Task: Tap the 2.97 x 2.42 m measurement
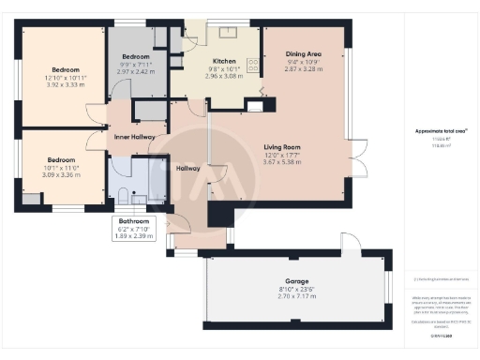[135, 70]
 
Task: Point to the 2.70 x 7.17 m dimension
[295, 296]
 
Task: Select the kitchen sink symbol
[228, 33]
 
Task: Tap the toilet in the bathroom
[119, 196]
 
